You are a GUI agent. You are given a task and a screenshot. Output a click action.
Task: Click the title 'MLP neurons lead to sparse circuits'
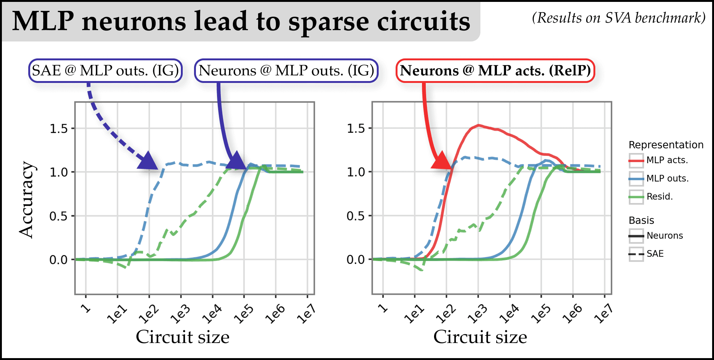tap(241, 21)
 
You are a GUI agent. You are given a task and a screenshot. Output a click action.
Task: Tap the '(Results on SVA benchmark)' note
tap(618, 18)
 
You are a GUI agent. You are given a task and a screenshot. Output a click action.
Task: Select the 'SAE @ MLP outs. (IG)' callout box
tap(105, 70)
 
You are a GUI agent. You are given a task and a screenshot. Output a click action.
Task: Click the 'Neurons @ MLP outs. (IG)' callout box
tap(286, 70)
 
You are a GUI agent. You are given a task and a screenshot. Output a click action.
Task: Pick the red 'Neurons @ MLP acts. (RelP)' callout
tap(495, 70)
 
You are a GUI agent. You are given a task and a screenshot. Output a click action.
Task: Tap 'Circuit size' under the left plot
tap(182, 337)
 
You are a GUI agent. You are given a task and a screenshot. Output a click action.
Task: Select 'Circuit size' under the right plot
tap(480, 337)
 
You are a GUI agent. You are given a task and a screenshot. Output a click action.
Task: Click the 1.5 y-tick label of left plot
tap(59, 129)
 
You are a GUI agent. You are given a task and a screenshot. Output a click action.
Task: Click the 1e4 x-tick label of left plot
tap(212, 314)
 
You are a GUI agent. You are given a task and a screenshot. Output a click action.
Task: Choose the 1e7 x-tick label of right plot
tap(604, 314)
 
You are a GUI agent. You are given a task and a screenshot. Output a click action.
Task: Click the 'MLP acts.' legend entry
tap(667, 160)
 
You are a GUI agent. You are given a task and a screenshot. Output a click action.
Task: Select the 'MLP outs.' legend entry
tap(667, 178)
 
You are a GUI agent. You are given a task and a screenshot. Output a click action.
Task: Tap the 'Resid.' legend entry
tap(659, 196)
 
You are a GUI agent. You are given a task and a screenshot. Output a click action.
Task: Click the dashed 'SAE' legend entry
tap(655, 254)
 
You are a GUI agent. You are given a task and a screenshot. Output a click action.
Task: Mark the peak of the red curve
tap(478, 125)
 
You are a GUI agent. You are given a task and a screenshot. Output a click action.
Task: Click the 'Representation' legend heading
tap(666, 145)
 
